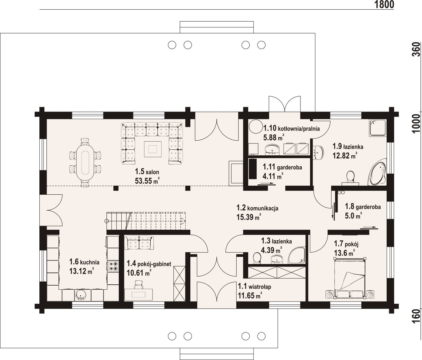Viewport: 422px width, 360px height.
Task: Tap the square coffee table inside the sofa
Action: coord(153,149)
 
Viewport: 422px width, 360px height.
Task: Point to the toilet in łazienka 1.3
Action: coord(257,258)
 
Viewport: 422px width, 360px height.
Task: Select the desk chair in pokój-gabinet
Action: coord(138,284)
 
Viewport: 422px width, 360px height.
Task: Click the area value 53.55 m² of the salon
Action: coord(147,181)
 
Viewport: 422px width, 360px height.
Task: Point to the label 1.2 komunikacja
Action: coord(257,208)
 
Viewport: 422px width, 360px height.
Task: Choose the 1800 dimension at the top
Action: coord(384,5)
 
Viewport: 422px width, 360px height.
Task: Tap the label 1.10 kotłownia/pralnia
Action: coord(291,128)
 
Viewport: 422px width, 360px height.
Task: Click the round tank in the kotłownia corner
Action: coord(256,127)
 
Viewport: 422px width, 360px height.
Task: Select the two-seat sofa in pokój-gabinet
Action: coord(139,243)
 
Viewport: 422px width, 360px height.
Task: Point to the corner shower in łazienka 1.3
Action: coord(296,256)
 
